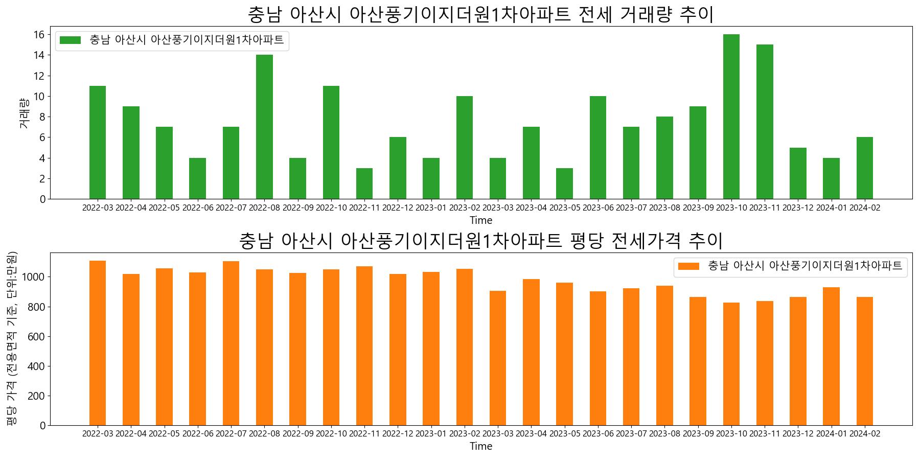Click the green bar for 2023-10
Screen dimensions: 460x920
(731, 117)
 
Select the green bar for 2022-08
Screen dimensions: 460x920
(264, 127)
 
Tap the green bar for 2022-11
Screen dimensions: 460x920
(364, 183)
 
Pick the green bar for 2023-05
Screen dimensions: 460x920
(564, 183)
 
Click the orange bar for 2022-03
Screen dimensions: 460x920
(98, 343)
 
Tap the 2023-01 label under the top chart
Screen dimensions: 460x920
(431, 208)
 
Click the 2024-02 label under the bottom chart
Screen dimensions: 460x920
(864, 434)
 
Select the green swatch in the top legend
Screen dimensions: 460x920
(70, 40)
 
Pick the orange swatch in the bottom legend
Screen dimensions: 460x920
(688, 266)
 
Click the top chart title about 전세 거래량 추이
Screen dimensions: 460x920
(480, 14)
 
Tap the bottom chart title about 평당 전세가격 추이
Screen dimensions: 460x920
(480, 240)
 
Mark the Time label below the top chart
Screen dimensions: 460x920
(481, 221)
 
